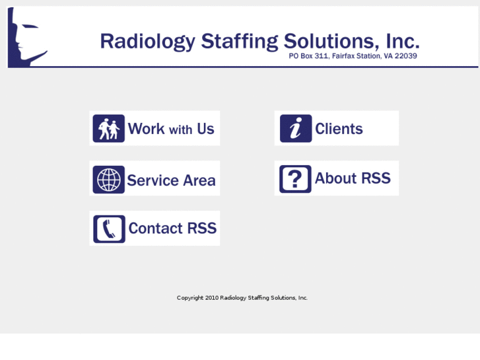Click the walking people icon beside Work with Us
[x=109, y=129]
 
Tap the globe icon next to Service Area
[x=109, y=179]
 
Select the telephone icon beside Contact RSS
[x=109, y=229]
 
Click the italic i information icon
[x=296, y=129]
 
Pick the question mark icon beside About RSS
[x=295, y=179]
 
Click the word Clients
[x=339, y=129]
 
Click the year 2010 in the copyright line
[x=211, y=298]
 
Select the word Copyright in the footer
[x=190, y=298]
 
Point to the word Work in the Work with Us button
[x=146, y=129]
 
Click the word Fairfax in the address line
[x=344, y=56]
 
